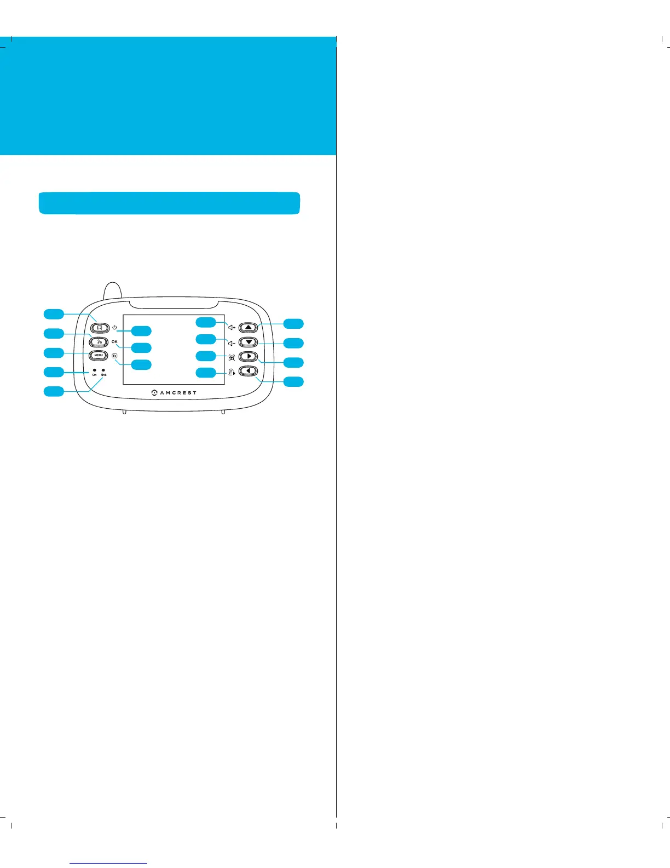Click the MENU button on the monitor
(99, 356)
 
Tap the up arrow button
(249, 328)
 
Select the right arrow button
(249, 356)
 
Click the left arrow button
(249, 371)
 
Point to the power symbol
(114, 327)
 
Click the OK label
(114, 341)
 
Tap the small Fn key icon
(114, 356)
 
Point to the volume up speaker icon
(232, 328)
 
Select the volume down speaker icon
(232, 344)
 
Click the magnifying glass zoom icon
(232, 357)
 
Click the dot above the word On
(95, 370)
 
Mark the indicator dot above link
(103, 370)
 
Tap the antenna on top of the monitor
(112, 290)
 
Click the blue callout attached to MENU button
(54, 352)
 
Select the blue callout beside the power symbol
(141, 330)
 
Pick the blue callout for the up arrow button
(293, 323)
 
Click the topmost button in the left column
(100, 328)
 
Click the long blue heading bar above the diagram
(169, 203)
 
